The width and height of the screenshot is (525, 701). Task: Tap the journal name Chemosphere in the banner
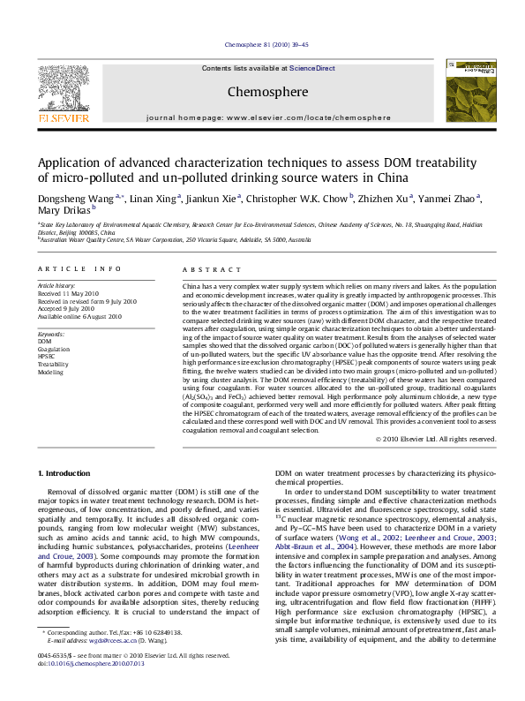pos(255,91)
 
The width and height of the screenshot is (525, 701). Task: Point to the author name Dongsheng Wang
pos(74,200)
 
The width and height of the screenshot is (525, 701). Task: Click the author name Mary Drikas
pos(64,211)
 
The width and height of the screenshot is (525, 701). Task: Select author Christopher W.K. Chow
pos(296,200)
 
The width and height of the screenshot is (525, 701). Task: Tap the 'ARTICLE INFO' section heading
pos(79,268)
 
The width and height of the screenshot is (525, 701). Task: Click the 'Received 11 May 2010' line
pos(66,294)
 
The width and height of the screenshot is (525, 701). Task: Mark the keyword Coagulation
pos(54,350)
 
